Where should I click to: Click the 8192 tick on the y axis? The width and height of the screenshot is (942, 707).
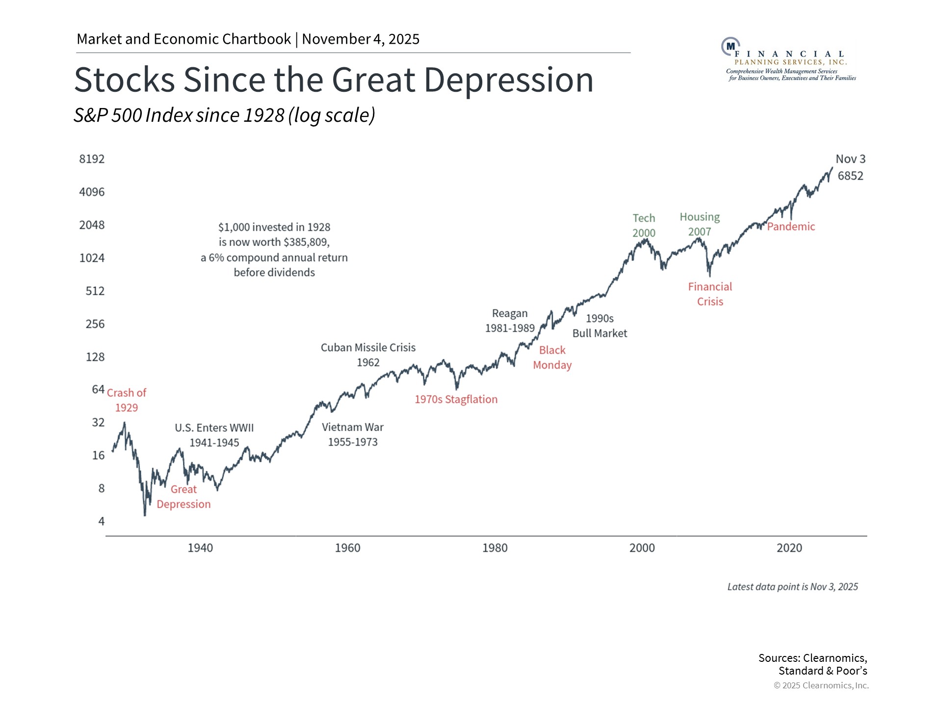pyautogui.click(x=92, y=159)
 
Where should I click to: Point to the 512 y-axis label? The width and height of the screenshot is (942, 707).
pyautogui.click(x=95, y=291)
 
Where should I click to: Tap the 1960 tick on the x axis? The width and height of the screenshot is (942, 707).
pyautogui.click(x=347, y=548)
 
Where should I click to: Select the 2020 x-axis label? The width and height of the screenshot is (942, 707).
pyautogui.click(x=789, y=548)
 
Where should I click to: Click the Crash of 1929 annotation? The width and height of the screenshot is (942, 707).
pyautogui.click(x=127, y=400)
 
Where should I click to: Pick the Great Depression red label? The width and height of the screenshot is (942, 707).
pyautogui.click(x=183, y=497)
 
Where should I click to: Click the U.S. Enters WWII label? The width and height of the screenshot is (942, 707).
pyautogui.click(x=214, y=435)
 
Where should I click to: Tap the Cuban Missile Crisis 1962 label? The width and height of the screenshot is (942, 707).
pyautogui.click(x=368, y=355)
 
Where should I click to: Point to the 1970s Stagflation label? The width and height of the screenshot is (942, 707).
pyautogui.click(x=456, y=400)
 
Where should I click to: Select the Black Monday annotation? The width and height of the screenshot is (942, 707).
pyautogui.click(x=552, y=357)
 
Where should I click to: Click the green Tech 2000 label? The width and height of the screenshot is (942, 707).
pyautogui.click(x=644, y=225)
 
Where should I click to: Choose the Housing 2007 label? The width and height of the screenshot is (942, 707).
pyautogui.click(x=700, y=224)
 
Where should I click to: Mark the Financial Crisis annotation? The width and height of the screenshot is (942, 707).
pyautogui.click(x=710, y=294)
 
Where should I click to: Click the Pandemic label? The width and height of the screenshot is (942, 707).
pyautogui.click(x=791, y=227)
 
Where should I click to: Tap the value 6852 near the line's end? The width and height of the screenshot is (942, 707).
pyautogui.click(x=850, y=176)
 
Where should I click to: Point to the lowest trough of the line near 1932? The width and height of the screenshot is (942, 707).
pyautogui.click(x=145, y=514)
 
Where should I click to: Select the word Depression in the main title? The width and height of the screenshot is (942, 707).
pyautogui.click(x=508, y=80)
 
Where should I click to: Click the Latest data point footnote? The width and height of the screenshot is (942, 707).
pyautogui.click(x=792, y=587)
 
